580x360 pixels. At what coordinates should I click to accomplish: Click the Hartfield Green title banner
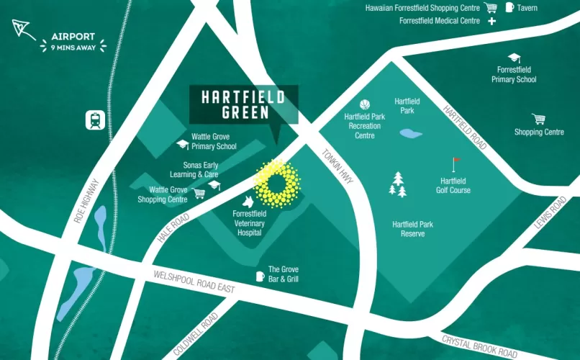243,104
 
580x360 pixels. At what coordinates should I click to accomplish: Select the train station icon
95,120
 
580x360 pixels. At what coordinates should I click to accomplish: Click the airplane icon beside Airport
20,30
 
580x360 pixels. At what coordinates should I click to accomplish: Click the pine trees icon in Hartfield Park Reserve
397,184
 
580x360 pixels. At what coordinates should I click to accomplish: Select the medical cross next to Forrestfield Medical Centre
492,21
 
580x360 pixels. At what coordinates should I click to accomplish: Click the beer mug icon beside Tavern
509,7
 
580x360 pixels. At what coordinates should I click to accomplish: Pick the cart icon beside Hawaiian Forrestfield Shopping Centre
491,8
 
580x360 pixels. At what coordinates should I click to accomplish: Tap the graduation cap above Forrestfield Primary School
514,58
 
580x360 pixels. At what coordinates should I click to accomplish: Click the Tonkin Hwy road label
336,166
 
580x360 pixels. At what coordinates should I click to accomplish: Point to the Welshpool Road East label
194,282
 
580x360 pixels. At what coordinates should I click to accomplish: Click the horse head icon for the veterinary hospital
248,201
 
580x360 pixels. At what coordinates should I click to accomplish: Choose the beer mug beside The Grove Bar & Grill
260,276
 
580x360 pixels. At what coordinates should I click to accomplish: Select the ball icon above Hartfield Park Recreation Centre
364,104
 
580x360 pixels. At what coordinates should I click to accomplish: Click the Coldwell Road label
196,335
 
